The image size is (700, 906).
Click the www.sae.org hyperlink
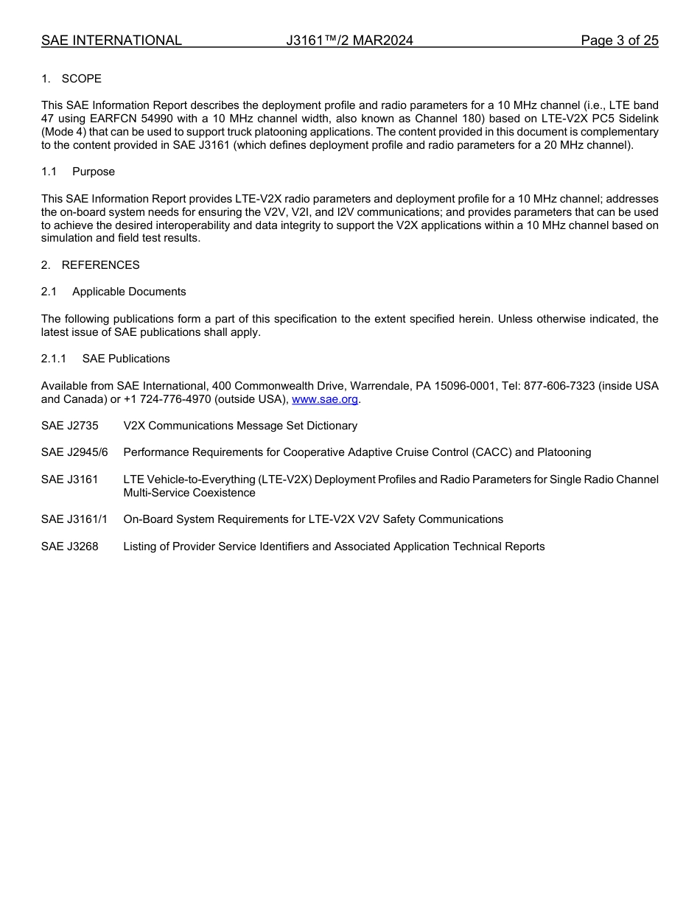(x=326, y=399)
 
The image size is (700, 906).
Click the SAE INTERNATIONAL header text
(x=111, y=41)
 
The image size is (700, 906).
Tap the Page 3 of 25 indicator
(x=619, y=41)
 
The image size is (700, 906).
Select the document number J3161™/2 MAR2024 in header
(x=349, y=41)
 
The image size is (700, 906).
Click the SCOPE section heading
(x=81, y=79)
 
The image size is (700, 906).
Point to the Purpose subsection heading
(x=94, y=172)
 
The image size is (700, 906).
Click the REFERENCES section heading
(x=100, y=265)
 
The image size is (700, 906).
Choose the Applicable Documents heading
(x=129, y=292)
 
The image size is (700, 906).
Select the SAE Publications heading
(x=125, y=359)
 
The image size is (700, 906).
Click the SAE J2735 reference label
(x=70, y=426)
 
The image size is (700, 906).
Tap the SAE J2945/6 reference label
(x=74, y=452)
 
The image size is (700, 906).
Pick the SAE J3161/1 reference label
(x=74, y=519)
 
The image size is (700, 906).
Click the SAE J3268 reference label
(x=70, y=547)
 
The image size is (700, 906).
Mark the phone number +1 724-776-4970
(x=166, y=399)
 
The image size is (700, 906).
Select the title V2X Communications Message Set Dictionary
(x=240, y=426)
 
